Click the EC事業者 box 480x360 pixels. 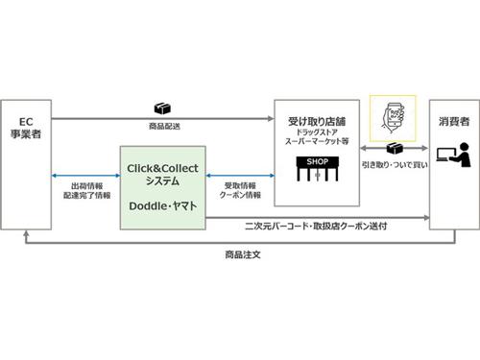pos(26,163)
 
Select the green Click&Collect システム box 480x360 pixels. pos(162,186)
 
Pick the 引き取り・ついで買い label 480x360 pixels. pos(394,167)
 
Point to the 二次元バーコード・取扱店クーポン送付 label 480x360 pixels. pos(318,227)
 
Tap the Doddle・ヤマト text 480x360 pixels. pos(162,205)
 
